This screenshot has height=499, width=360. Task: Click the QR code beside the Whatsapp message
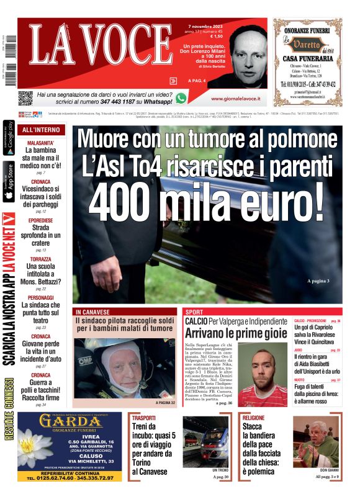[x=25, y=98]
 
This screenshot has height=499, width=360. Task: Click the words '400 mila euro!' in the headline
[x=207, y=199]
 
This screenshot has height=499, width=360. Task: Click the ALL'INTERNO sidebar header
[x=40, y=130]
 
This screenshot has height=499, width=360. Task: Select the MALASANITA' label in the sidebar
[x=40, y=143]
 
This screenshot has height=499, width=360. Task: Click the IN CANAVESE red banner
[x=93, y=312]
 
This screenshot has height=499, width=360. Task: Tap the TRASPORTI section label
[x=144, y=418]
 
